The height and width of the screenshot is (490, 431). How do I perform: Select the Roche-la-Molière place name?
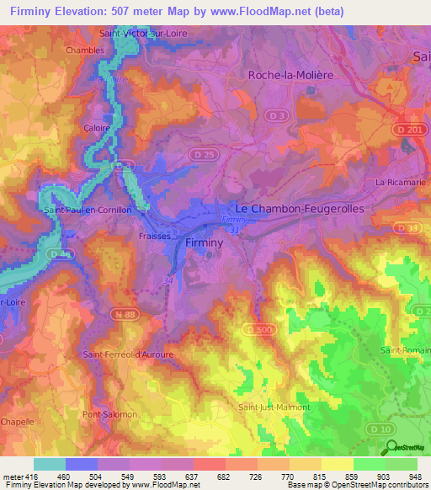[x=291, y=75]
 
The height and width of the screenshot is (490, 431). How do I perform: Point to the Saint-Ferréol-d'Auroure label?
[x=128, y=354]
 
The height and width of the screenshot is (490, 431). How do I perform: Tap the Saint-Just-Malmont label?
[x=274, y=407]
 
